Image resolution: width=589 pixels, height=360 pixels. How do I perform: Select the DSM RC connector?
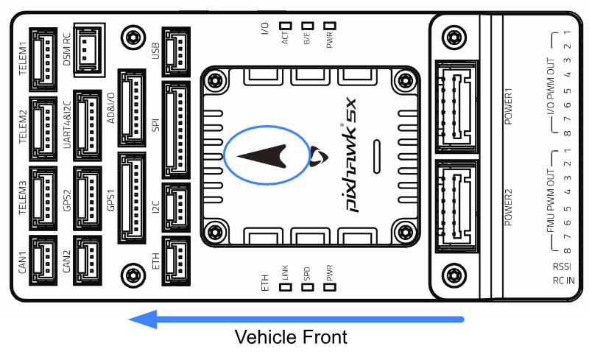(87, 48)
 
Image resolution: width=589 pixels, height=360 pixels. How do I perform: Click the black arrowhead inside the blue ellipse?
(265, 155)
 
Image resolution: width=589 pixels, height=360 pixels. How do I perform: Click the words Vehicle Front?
(290, 338)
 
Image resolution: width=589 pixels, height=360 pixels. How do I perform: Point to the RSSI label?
(562, 266)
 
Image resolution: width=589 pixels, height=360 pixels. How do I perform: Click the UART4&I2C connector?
(87, 124)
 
